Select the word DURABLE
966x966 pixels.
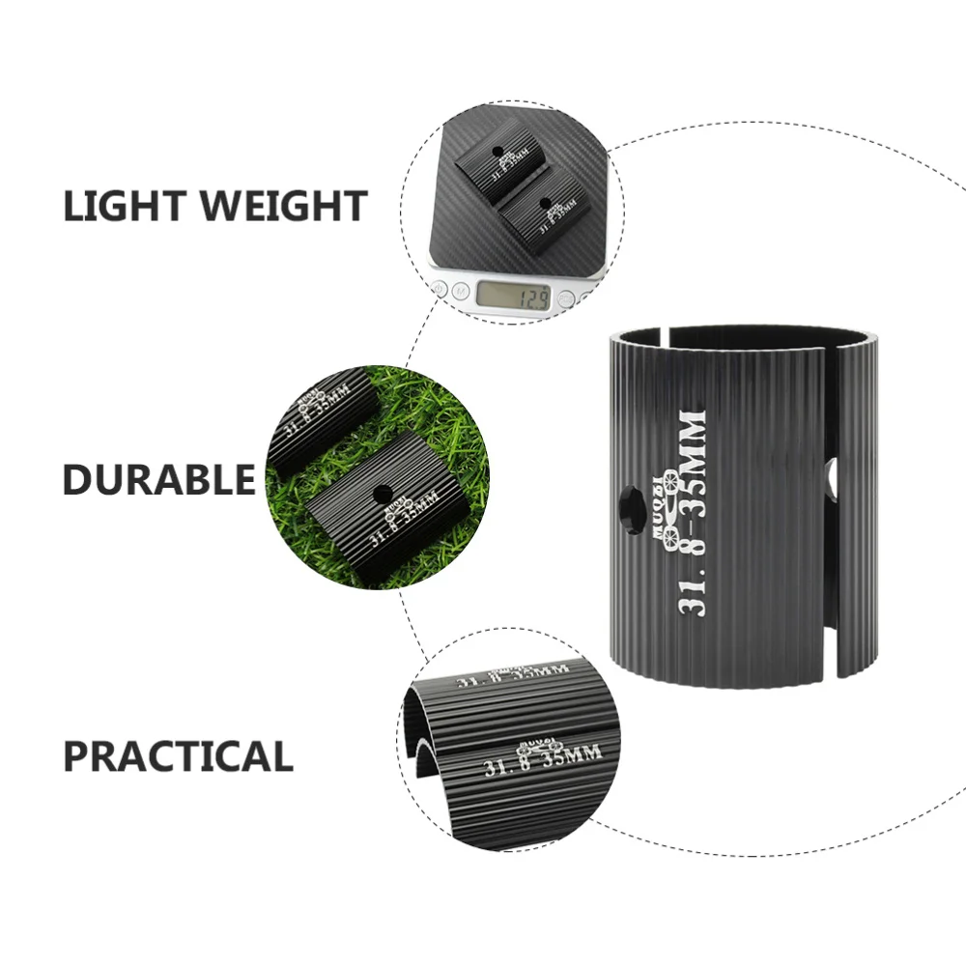click(x=159, y=479)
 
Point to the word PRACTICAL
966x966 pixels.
click(x=178, y=755)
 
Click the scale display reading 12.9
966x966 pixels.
click(x=515, y=295)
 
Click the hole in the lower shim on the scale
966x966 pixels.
click(x=547, y=203)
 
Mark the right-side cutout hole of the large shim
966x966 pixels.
click(x=833, y=478)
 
